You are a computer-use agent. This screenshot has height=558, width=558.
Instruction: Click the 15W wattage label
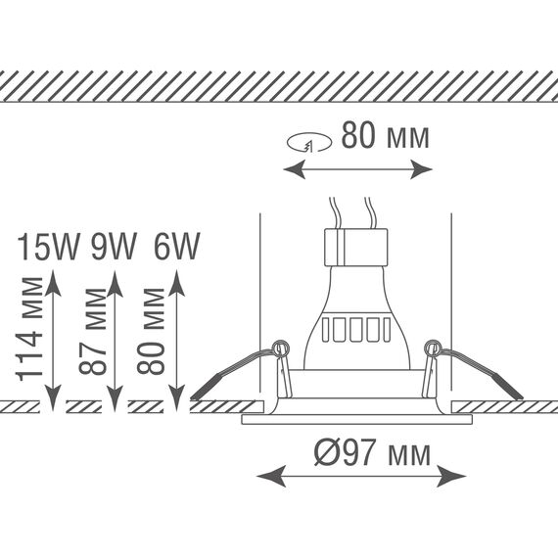[48, 247]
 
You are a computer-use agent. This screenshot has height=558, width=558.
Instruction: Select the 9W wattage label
[114, 247]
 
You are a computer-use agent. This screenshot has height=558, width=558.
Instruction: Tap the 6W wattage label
[176, 247]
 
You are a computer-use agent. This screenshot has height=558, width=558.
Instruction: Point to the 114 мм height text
[29, 329]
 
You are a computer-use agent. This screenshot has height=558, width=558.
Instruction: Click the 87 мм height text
[93, 332]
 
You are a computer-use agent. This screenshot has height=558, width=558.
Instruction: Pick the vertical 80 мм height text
[151, 331]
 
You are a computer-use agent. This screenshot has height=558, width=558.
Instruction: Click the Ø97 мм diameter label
[372, 452]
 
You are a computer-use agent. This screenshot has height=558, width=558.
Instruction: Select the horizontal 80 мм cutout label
[385, 135]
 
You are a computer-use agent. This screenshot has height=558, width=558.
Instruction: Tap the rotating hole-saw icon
[309, 142]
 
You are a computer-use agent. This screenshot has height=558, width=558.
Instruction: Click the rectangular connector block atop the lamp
[356, 248]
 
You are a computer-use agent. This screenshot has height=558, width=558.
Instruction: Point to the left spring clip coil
[280, 349]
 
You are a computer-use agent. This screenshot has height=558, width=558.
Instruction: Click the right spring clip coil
[433, 349]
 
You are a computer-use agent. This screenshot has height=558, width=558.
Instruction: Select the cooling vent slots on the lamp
[356, 330]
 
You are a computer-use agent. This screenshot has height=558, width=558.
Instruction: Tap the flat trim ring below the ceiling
[357, 419]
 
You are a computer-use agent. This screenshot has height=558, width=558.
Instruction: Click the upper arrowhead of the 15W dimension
[53, 283]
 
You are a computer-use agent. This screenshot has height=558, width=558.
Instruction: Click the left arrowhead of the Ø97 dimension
[271, 476]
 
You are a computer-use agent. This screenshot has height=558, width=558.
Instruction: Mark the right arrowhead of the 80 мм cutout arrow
[422, 169]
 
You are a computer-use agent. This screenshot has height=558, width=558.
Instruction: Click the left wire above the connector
[335, 212]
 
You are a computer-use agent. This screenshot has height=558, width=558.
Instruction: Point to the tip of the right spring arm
[522, 397]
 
